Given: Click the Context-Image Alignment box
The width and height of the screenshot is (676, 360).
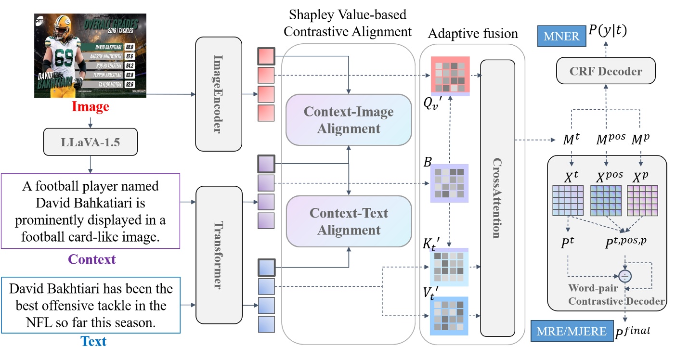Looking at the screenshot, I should (348, 120).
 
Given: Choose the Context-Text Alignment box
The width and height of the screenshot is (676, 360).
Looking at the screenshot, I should (348, 221).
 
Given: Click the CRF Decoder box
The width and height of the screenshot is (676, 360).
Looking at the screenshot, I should (606, 71).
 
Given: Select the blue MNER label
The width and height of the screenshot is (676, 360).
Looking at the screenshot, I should (561, 37).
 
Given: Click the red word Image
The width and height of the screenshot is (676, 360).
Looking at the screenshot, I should (91, 106).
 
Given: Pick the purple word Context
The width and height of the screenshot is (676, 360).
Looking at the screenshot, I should (92, 260).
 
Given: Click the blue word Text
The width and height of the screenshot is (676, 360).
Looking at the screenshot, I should (93, 342).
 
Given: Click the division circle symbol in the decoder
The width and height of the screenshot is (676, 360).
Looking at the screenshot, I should (625, 276).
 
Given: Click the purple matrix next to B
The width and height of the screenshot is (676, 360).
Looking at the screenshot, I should (449, 182).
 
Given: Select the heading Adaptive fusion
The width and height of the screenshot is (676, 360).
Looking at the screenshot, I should (473, 34).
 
